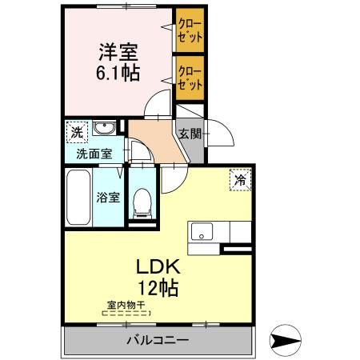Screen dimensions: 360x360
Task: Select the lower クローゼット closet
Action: click(x=190, y=76)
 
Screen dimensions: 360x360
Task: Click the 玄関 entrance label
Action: click(x=190, y=134)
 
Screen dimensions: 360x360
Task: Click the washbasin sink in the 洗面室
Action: click(x=102, y=129)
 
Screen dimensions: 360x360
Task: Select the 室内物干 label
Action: click(x=126, y=305)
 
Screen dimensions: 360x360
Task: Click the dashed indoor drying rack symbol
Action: click(x=126, y=314)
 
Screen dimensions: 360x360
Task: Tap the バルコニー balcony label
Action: click(x=157, y=340)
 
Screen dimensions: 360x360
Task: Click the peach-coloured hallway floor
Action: click(x=153, y=137)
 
